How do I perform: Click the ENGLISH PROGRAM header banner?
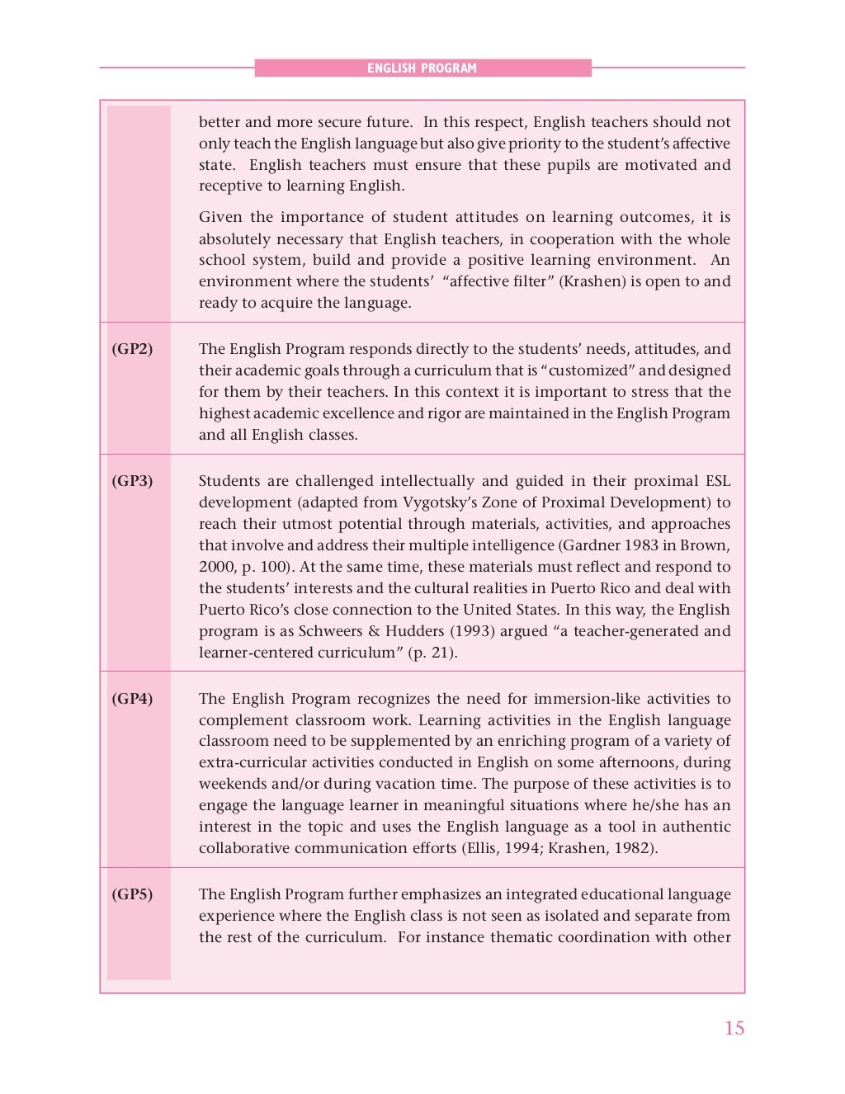tap(422, 68)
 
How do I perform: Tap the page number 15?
tap(734, 1028)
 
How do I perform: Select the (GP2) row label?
tap(132, 349)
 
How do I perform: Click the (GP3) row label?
tap(132, 481)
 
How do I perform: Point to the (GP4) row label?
tap(132, 699)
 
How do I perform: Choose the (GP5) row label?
tap(132, 894)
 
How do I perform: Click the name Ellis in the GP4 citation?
tap(483, 848)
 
